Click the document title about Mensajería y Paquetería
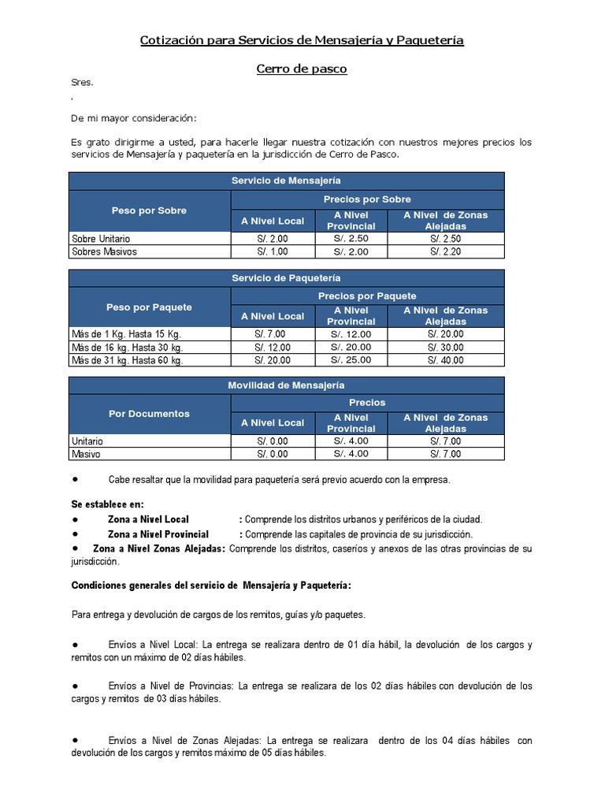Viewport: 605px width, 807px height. [302, 39]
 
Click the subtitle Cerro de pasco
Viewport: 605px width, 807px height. [302, 69]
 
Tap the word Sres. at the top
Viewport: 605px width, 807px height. [82, 83]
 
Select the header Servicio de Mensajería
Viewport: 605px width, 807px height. [286, 180]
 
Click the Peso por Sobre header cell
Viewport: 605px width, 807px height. [150, 210]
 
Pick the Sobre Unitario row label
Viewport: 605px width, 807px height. [101, 238]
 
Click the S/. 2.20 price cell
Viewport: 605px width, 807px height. [445, 251]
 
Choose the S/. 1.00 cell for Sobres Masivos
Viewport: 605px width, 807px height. [273, 251]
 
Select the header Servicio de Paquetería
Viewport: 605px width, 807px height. [286, 278]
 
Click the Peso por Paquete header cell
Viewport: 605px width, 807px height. [150, 307]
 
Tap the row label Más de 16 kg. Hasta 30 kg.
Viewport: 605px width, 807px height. [127, 347]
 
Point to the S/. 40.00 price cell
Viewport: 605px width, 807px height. [445, 360]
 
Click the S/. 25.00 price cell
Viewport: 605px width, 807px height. [351, 360]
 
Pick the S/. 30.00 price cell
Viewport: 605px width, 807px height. [445, 347]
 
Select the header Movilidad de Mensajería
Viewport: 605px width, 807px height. [286, 385]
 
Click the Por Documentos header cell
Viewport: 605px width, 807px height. [150, 413]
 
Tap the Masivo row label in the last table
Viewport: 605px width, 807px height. [87, 454]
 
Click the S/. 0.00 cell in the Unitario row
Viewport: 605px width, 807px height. [273, 441]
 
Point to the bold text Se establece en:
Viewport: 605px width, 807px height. [108, 504]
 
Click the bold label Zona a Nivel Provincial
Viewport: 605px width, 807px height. [158, 534]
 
